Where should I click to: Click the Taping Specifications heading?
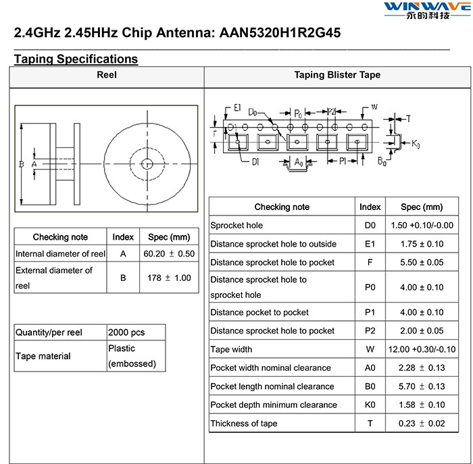76,59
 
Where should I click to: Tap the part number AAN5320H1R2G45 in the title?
280,32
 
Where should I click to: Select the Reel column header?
107,75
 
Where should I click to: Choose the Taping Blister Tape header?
337,75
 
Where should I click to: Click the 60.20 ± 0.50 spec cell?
169,253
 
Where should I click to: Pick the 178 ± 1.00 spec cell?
169,278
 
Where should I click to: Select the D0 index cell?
370,225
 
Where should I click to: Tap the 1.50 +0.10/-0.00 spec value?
422,225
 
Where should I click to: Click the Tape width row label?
231,349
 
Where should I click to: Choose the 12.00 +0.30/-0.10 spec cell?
422,349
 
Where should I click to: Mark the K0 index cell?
370,405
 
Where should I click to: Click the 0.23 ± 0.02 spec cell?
422,423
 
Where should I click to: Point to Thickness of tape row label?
244,423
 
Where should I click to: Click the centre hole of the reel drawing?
147,163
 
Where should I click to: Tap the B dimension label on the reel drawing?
22,164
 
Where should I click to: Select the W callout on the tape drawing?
374,107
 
